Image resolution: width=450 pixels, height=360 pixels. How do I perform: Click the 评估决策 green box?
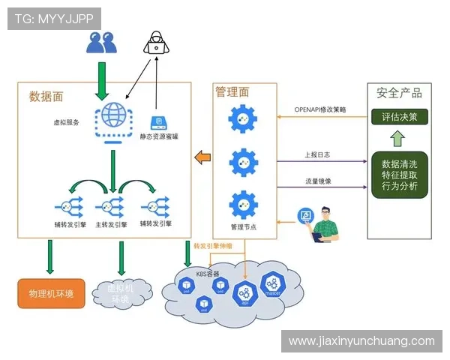coord(399,117)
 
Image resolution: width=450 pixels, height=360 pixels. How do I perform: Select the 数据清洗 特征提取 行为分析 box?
coord(399,175)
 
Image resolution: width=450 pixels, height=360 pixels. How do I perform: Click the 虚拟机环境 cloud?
coord(121,293)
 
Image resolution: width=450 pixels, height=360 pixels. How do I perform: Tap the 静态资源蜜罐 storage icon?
coord(159,123)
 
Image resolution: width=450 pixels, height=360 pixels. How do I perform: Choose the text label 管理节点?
coord(244,226)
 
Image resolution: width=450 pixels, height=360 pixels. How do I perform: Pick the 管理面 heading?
coord(232,92)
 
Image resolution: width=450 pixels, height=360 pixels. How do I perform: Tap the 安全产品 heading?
coord(399,94)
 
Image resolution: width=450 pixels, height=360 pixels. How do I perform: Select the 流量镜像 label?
coord(318,181)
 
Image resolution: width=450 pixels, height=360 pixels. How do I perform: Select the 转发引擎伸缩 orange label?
coord(213,246)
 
